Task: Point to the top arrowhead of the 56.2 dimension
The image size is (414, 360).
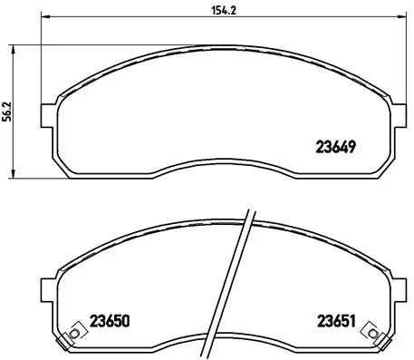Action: (14, 44)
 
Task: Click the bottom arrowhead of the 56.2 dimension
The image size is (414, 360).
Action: (14, 176)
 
